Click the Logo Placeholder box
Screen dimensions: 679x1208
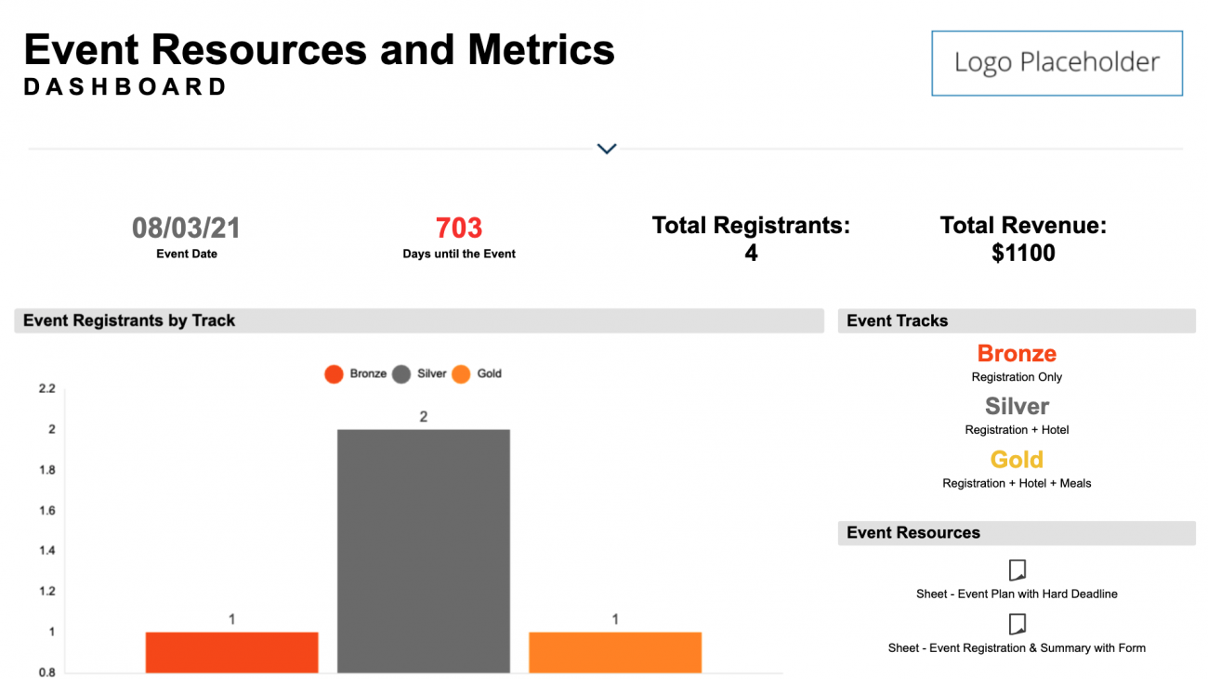point(1057,63)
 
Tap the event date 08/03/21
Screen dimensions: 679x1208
point(186,229)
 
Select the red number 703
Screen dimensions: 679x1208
point(459,229)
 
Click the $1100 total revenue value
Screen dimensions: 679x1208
point(1023,253)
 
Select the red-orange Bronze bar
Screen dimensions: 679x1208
point(231,652)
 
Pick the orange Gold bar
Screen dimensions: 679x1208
point(615,652)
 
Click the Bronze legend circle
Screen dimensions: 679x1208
point(334,374)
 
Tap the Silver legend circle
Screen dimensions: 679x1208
point(401,374)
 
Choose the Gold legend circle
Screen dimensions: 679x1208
point(461,374)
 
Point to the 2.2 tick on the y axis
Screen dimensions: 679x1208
point(46,388)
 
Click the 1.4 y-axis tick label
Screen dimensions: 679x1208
point(46,551)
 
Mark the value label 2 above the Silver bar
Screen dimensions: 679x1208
point(424,417)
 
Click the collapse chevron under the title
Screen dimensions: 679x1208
point(607,149)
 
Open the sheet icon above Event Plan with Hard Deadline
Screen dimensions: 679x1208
point(1018,569)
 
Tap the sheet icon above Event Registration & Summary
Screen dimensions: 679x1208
point(1018,623)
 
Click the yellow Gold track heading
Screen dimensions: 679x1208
point(1017,460)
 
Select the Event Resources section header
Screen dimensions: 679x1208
point(913,533)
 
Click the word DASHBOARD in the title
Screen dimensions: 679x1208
point(125,87)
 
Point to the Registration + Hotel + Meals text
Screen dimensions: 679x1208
point(1017,483)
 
